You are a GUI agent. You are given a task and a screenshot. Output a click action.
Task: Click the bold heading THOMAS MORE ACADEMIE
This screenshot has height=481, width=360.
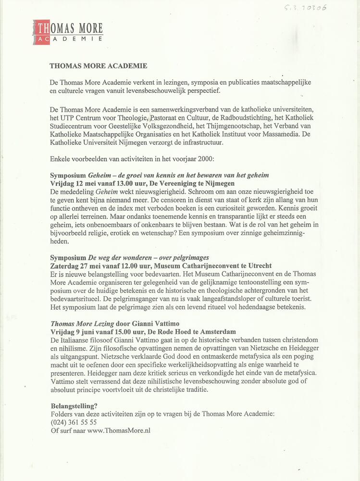99,66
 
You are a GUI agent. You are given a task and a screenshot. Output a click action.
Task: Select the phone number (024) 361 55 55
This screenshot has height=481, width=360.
74,422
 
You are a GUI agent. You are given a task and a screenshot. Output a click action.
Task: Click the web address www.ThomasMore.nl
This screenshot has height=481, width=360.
119,430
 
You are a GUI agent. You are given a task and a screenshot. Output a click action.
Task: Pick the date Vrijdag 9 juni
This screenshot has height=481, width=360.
74,332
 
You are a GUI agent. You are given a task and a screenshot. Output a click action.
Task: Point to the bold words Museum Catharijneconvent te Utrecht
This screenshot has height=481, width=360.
214,266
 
